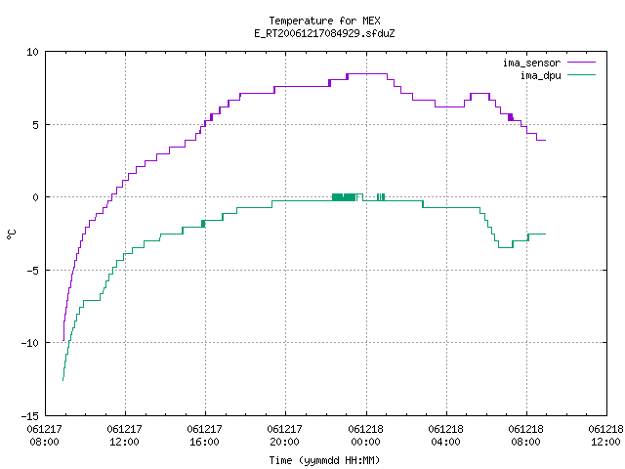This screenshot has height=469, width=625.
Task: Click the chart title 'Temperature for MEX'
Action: pyautogui.click(x=324, y=21)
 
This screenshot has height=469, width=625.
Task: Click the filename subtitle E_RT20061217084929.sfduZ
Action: pyautogui.click(x=324, y=33)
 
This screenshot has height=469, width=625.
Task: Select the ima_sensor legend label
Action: pyautogui.click(x=531, y=63)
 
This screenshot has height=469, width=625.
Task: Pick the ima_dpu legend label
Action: pyautogui.click(x=540, y=75)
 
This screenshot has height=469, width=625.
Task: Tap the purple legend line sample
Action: pyautogui.click(x=582, y=63)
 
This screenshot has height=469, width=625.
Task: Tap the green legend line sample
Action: pyautogui.click(x=582, y=74)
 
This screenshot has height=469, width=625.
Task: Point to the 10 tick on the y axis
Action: pyautogui.click(x=32, y=52)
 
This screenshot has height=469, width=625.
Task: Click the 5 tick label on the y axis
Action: pyautogui.click(x=35, y=125)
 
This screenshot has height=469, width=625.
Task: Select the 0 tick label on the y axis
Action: pyautogui.click(x=35, y=197)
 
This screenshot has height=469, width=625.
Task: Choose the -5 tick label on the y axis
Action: pyautogui.click(x=32, y=271)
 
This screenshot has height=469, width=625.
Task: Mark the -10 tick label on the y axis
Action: pyautogui.click(x=30, y=343)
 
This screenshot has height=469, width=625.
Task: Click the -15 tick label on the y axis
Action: pyautogui.click(x=30, y=416)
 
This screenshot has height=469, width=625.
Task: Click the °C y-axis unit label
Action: pyautogui.click(x=11, y=234)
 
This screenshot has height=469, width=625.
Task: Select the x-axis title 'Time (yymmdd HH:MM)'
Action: pyautogui.click(x=324, y=460)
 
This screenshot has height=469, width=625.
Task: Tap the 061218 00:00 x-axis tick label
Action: pyautogui.click(x=365, y=436)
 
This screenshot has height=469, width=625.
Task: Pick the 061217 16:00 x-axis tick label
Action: pyautogui.click(x=205, y=436)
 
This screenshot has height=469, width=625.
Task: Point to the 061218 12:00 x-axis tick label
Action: pyautogui.click(x=605, y=436)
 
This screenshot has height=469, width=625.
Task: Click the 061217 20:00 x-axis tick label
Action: pyautogui.click(x=285, y=436)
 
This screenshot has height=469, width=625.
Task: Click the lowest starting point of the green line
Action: pyautogui.click(x=62, y=380)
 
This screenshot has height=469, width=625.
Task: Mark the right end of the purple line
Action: pyautogui.click(x=545, y=140)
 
